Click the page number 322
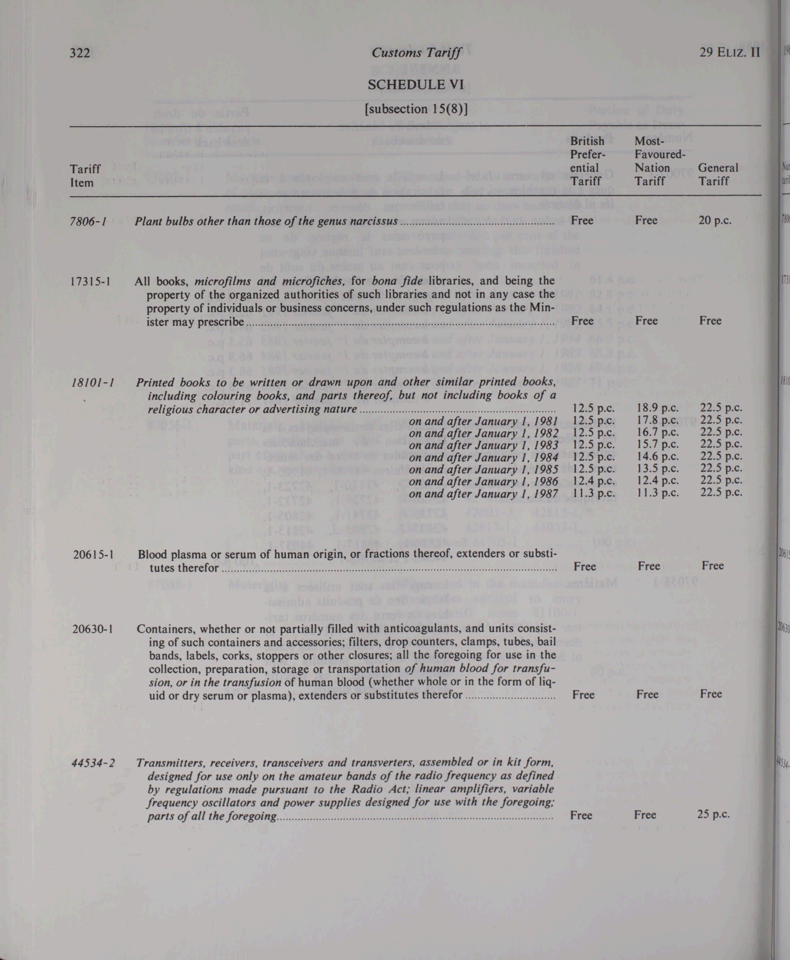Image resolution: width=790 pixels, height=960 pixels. point(79,53)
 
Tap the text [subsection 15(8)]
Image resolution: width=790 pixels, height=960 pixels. point(416,109)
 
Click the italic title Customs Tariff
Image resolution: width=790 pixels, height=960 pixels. point(416,53)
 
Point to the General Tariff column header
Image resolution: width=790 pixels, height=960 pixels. point(718,174)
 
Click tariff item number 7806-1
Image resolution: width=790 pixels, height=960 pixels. point(88,222)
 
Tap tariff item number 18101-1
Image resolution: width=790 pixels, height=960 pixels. point(92,382)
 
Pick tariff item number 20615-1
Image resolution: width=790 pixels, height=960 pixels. point(93,554)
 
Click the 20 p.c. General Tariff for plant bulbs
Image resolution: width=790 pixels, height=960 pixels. point(715,221)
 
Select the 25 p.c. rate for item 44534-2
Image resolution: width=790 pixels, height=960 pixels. point(713,814)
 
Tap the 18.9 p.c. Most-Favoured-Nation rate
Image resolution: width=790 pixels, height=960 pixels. point(657,408)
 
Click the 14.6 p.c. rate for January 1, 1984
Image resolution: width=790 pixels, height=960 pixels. point(657,456)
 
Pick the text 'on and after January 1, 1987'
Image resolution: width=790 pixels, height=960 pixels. point(483,493)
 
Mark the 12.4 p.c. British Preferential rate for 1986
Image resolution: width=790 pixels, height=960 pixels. point(593,480)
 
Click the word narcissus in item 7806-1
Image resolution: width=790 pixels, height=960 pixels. point(372,222)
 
